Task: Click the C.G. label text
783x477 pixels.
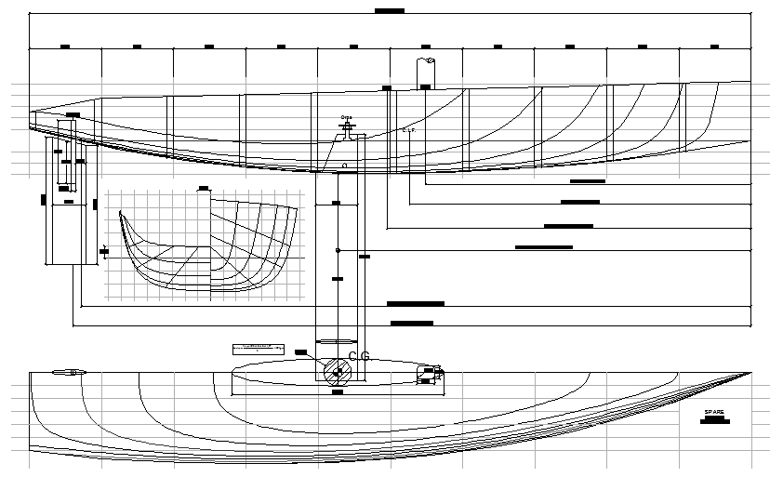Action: (x=360, y=356)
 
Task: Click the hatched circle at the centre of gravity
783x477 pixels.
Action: (x=337, y=373)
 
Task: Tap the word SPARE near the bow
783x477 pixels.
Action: (x=714, y=411)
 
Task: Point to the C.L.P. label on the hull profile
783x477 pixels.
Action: (x=408, y=130)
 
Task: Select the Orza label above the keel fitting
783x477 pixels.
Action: (x=346, y=118)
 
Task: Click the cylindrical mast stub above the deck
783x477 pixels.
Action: (x=426, y=73)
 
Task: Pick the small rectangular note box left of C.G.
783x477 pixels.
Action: (x=258, y=348)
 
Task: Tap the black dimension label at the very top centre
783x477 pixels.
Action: (x=389, y=11)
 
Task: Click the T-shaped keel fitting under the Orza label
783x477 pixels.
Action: (x=348, y=134)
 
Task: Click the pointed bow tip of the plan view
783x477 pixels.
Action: (x=750, y=373)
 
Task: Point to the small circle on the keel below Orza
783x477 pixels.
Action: (x=344, y=166)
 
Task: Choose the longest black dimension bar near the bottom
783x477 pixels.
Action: (x=415, y=303)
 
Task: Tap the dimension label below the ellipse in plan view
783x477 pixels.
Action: (x=337, y=391)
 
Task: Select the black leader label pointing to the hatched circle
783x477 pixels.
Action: (x=300, y=351)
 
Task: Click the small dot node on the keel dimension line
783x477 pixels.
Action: (x=338, y=250)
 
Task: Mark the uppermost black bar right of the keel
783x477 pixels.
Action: (x=587, y=180)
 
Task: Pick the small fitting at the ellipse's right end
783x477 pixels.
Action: (x=432, y=374)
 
